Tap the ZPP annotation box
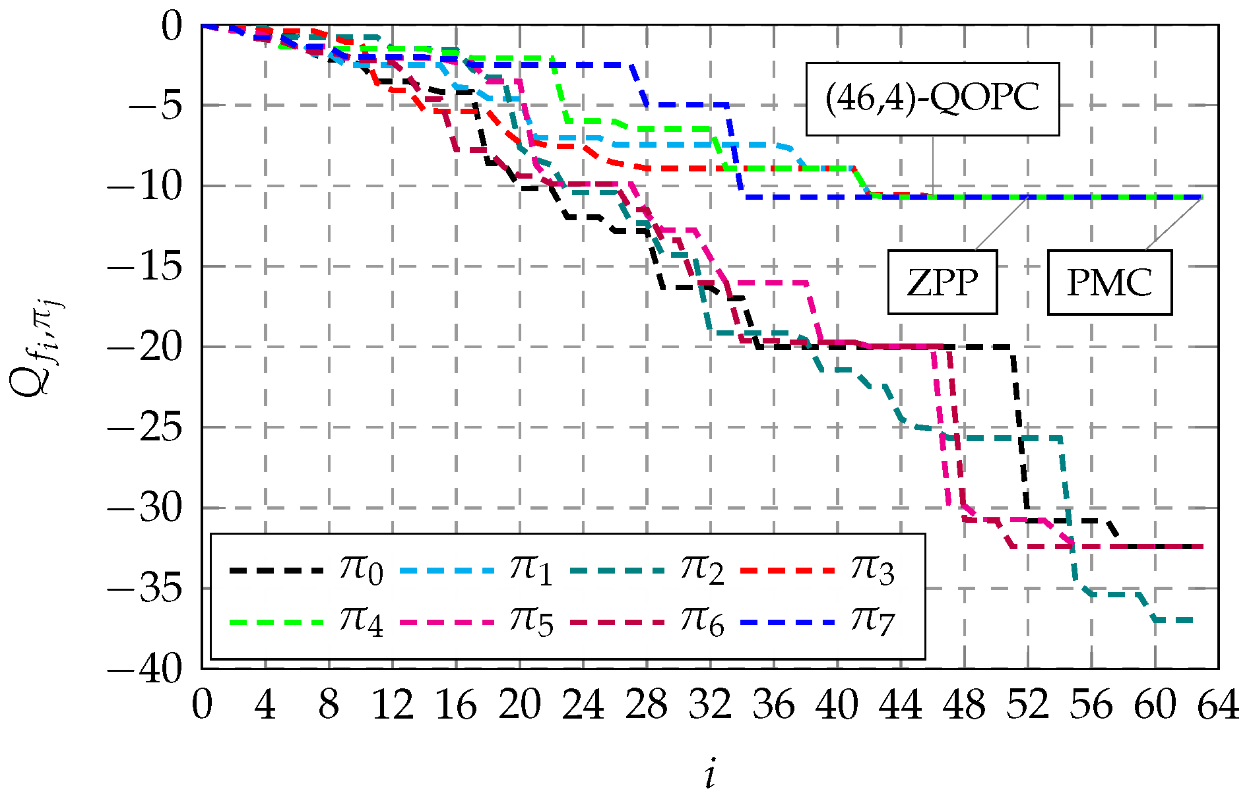(x=942, y=282)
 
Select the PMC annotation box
(x=1109, y=282)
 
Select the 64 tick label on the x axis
(x=1218, y=705)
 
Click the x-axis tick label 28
(x=647, y=705)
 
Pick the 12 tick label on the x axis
(x=393, y=705)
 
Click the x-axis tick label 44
(x=901, y=705)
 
